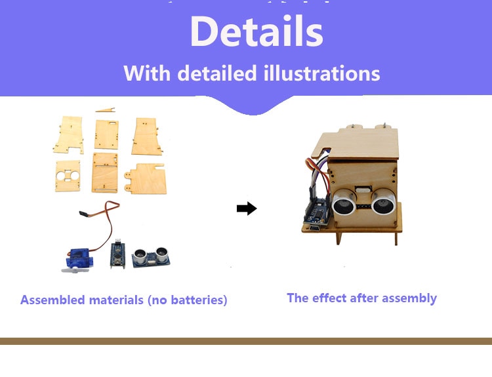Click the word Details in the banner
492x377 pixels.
pos(256,31)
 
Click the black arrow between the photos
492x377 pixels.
pos(247,208)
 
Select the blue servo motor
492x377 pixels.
pos(77,258)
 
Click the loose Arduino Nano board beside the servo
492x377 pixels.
pos(117,254)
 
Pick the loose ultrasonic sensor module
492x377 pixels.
pos(151,257)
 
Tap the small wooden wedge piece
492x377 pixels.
pos(106,109)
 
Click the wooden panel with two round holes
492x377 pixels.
pos(68,176)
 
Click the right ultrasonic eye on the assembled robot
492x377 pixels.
pos(382,203)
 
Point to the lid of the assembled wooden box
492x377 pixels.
pos(356,143)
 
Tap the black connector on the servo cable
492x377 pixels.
pos(83,214)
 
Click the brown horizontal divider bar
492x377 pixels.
pos(246,341)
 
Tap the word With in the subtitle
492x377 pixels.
pos(146,73)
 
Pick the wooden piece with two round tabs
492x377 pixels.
pos(145,178)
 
